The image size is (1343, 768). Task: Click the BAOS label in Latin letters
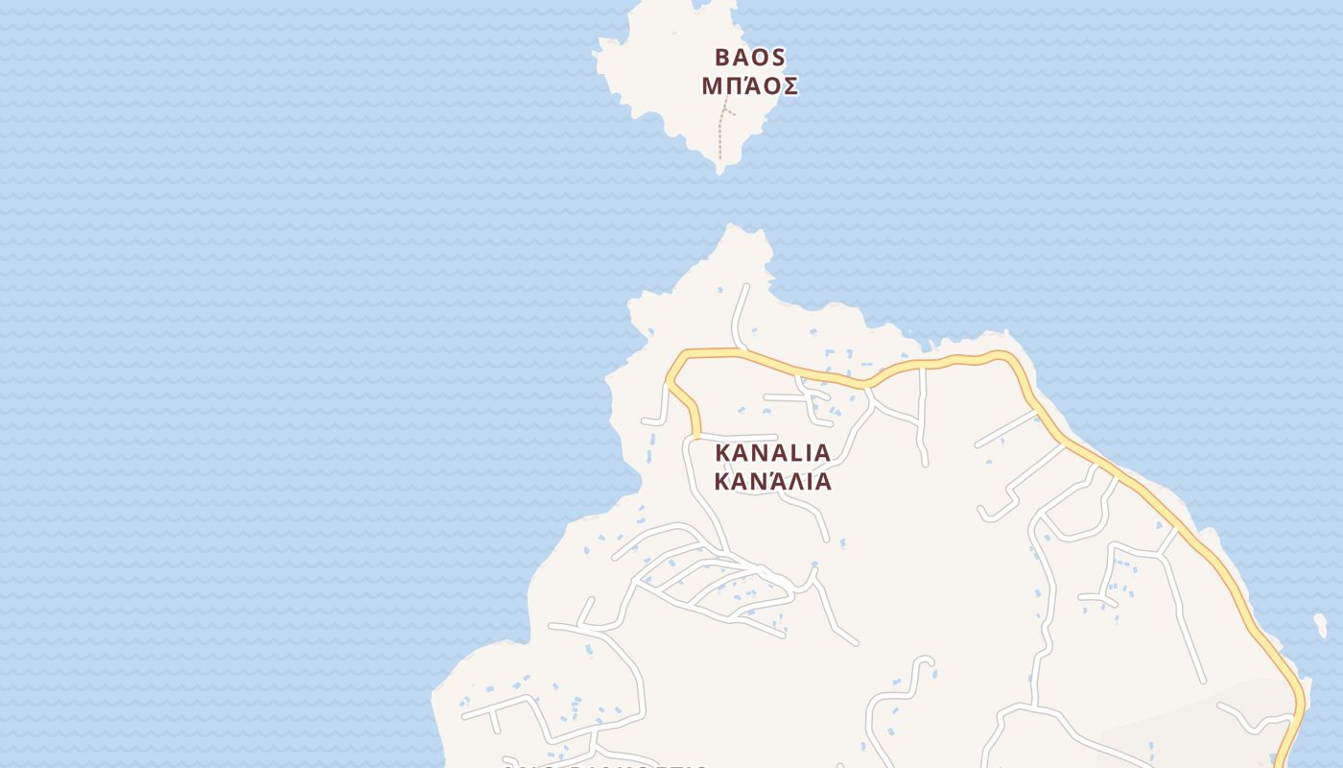point(749,57)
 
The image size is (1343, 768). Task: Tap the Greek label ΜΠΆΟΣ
point(749,85)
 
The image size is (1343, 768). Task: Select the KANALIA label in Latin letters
point(772,451)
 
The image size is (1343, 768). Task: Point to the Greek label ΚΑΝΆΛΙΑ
point(772,480)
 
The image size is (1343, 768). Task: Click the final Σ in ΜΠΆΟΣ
point(788,85)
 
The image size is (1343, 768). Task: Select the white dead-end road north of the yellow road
point(742,307)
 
